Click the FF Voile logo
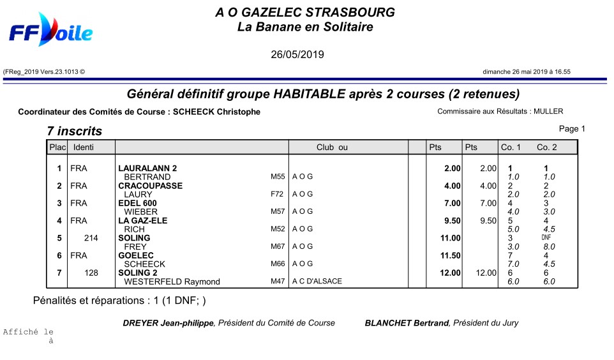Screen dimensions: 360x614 click(50, 31)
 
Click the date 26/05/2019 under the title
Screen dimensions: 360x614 click(297, 55)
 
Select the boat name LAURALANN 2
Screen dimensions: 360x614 click(147, 169)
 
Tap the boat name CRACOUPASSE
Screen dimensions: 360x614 click(151, 186)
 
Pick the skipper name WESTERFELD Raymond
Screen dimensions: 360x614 click(172, 281)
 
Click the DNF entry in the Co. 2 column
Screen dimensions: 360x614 click(546, 237)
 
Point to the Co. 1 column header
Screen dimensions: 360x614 click(511, 147)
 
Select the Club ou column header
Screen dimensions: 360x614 click(332, 147)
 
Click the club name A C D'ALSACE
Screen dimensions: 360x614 click(317, 281)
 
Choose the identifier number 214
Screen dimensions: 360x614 click(91, 238)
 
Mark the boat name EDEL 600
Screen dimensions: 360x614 click(137, 203)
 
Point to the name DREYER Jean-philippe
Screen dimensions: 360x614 click(168, 323)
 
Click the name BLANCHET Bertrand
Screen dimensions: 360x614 click(407, 323)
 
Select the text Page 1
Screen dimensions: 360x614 click(572, 129)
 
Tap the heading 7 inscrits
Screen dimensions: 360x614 click(74, 131)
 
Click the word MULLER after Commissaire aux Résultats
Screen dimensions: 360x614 click(548, 111)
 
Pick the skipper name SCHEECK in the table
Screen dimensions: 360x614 click(144, 264)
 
